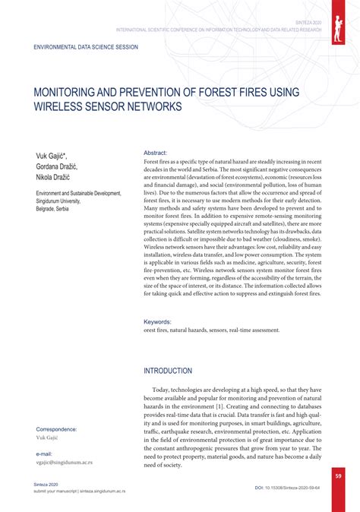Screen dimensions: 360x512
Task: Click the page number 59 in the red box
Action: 339,476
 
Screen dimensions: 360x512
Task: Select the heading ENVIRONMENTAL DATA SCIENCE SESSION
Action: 86,47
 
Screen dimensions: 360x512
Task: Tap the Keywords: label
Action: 158,322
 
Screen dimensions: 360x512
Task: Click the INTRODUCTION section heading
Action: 168,371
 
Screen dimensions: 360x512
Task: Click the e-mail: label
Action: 48,454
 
